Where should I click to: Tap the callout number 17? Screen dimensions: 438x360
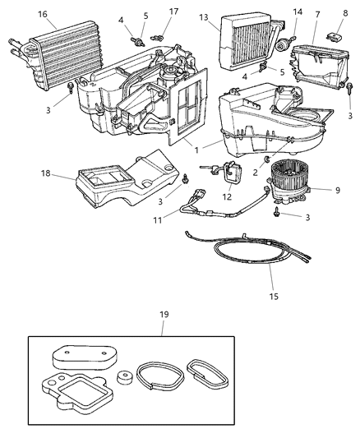point(173,12)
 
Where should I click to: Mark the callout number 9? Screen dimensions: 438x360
point(337,190)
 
